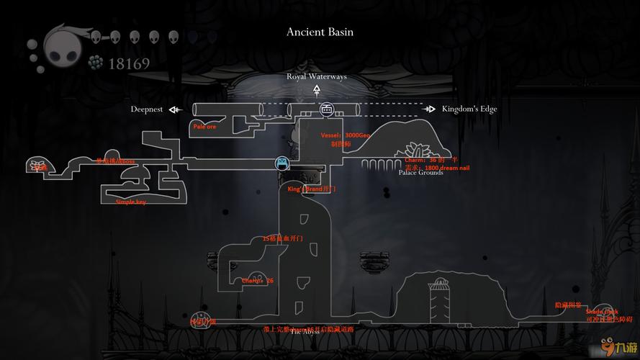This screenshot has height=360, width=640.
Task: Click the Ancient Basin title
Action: tap(320, 32)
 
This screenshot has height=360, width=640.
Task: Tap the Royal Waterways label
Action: tap(316, 76)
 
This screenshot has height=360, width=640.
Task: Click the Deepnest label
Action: tap(146, 109)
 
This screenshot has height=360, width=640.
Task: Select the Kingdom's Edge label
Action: tap(469, 109)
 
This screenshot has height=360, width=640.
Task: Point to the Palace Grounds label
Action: tap(420, 173)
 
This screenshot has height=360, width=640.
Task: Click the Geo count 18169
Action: tap(129, 64)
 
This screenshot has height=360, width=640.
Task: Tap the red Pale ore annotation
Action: tap(204, 127)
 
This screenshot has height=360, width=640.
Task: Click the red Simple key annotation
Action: tap(130, 202)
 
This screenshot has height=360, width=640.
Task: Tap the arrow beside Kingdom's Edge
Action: tap(429, 109)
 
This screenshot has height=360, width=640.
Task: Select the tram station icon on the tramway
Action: tap(326, 109)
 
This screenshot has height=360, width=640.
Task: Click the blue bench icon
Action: tap(282, 163)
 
